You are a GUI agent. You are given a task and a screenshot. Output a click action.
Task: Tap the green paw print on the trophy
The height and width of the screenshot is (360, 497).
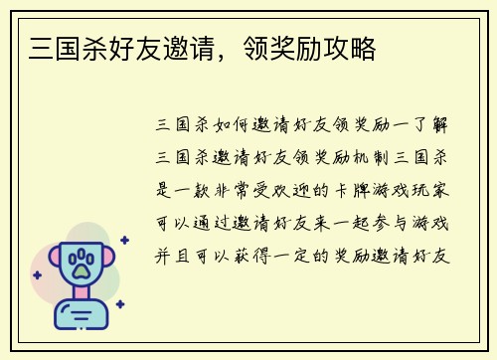click(81, 263)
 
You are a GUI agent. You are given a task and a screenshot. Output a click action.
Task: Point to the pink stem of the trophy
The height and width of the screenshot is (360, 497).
click(81, 297)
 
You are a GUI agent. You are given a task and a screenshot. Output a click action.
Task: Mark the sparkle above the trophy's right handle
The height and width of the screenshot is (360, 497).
click(124, 240)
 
